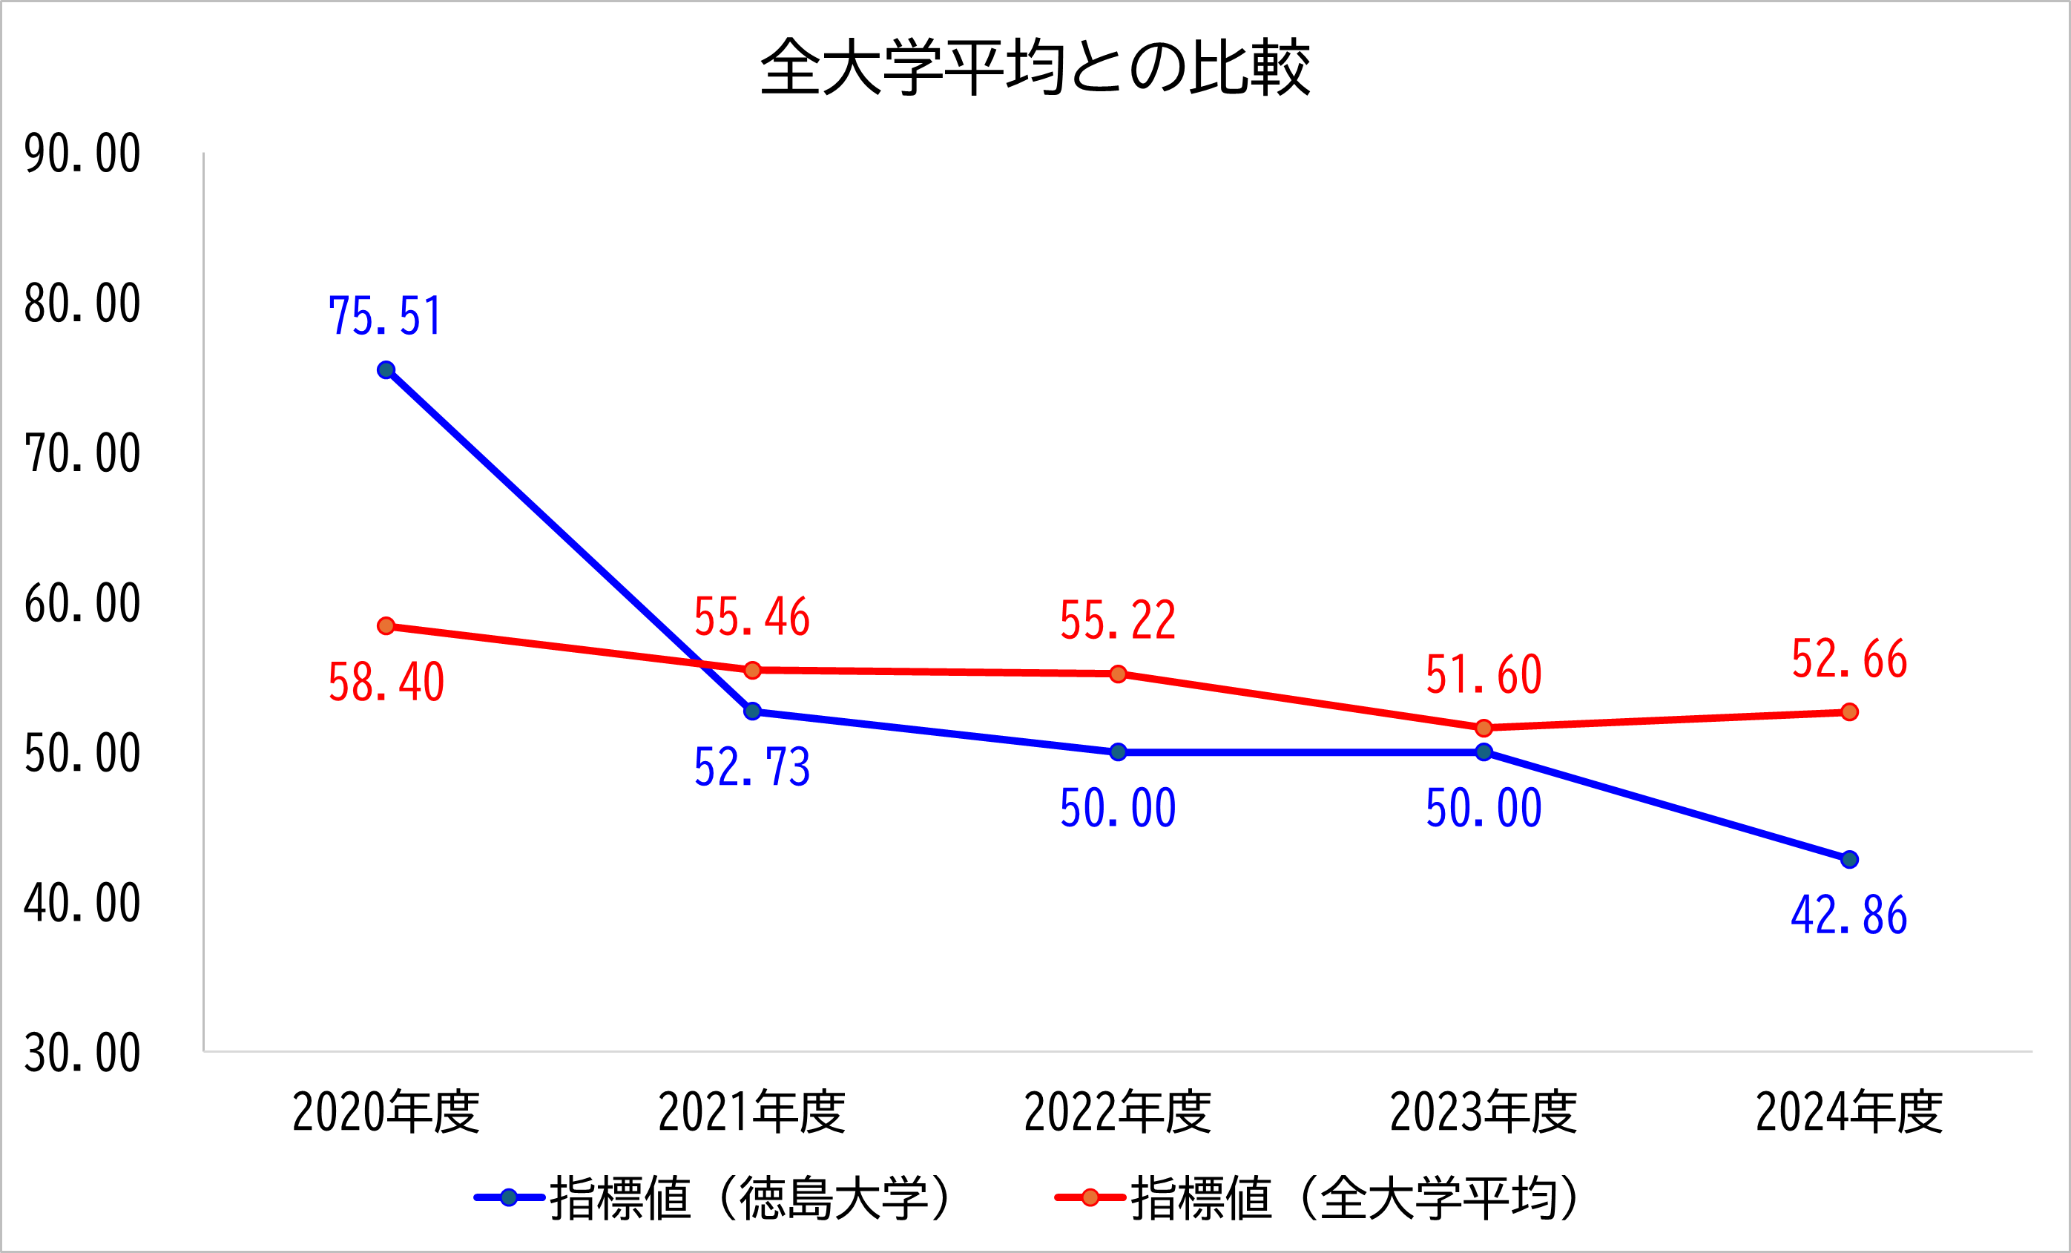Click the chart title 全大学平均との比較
click(x=1035, y=68)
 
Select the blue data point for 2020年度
click(x=386, y=371)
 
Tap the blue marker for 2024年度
click(x=1849, y=860)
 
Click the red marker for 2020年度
click(x=386, y=626)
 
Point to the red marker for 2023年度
click(x=1484, y=728)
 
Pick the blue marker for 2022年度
click(x=1118, y=752)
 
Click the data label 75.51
click(x=385, y=317)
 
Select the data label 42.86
click(x=1849, y=916)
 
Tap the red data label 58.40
click(x=386, y=683)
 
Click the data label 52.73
click(x=751, y=767)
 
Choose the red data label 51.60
click(x=1484, y=675)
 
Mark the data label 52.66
click(x=1849, y=660)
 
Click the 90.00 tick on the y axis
click(x=82, y=154)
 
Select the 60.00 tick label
click(x=82, y=604)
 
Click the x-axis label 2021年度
click(x=751, y=1112)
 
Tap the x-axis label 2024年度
click(x=1849, y=1112)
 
